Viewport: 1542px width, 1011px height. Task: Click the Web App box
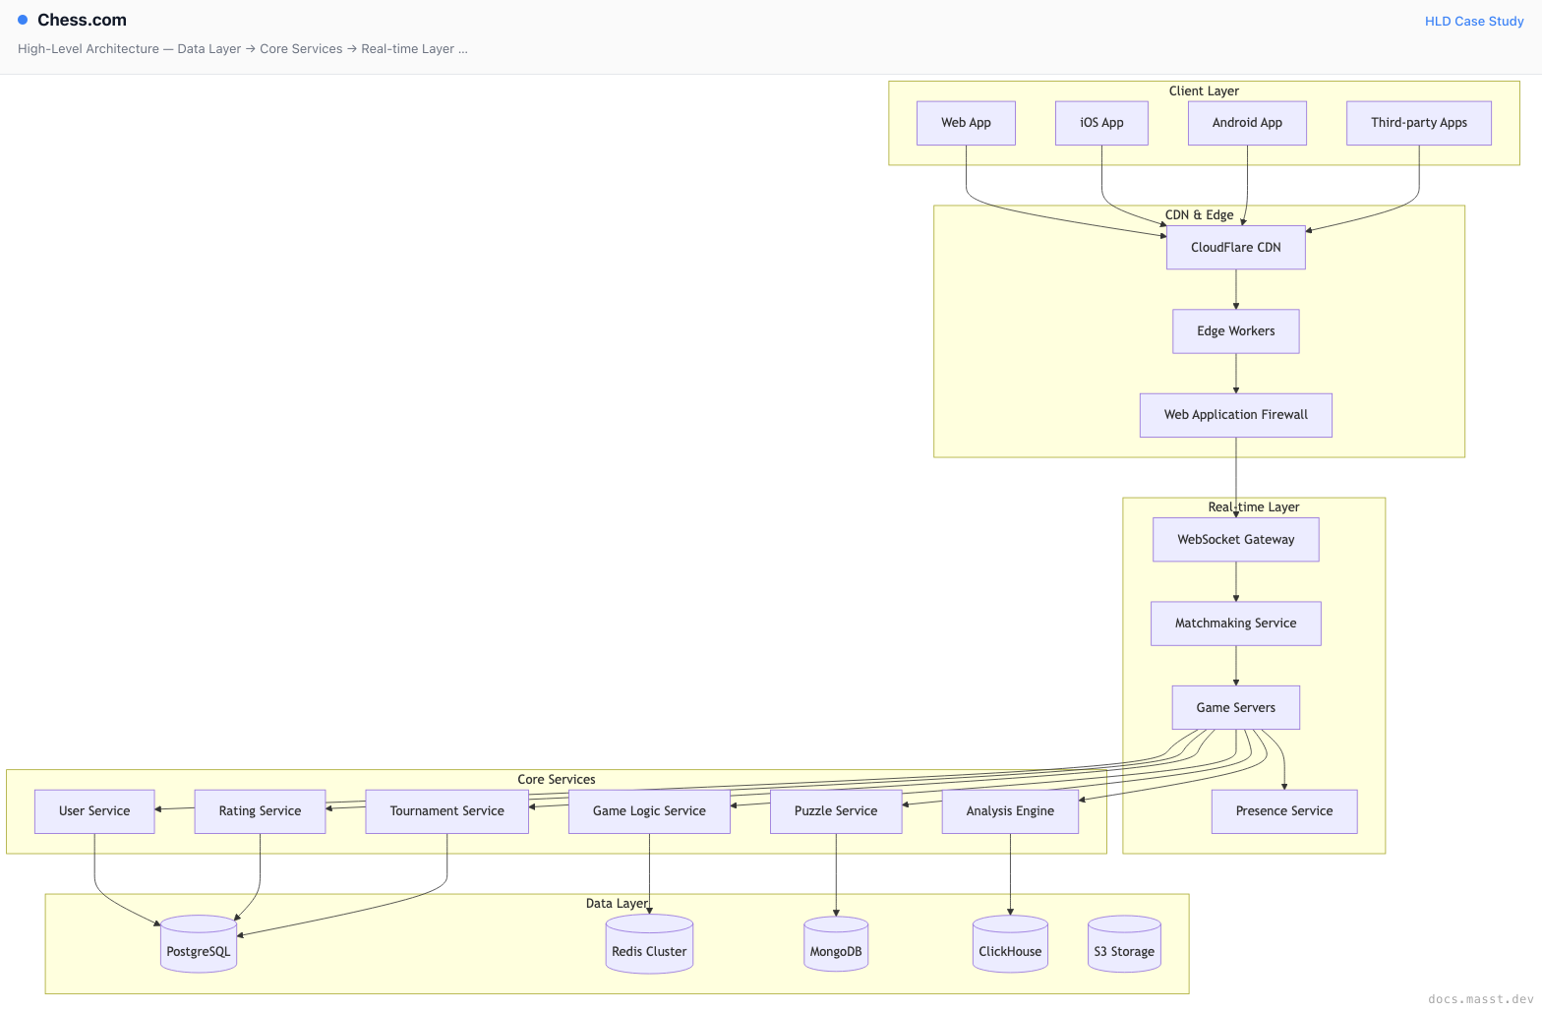[x=966, y=123]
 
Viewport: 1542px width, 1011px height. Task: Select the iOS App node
[x=1101, y=123]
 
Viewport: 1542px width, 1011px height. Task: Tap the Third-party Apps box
[x=1419, y=123]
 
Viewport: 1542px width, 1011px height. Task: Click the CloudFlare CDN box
[x=1235, y=248]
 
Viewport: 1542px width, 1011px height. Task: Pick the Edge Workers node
[x=1235, y=331]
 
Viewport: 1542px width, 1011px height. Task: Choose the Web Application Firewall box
[x=1235, y=415]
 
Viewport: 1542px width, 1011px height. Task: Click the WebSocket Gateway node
[x=1235, y=540]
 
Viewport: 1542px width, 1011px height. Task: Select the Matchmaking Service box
[x=1235, y=624]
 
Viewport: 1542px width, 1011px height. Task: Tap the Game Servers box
[x=1235, y=707]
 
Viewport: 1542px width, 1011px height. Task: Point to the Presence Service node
[x=1284, y=811]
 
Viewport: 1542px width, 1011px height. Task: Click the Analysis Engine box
[x=1010, y=811]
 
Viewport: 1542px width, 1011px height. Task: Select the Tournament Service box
[x=446, y=811]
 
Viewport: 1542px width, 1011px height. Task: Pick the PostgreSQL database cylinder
[x=199, y=943]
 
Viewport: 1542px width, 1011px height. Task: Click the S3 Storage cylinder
[x=1124, y=943]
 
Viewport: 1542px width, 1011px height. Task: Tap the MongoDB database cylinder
[x=836, y=943]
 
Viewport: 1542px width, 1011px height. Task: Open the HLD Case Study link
[x=1474, y=22]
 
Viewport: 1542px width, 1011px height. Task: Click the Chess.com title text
[x=82, y=20]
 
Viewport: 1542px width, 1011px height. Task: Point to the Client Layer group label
[x=1204, y=90]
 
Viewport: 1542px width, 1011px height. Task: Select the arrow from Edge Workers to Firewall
[x=1235, y=374]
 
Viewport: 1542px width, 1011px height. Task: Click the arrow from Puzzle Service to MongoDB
[x=836, y=874]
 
